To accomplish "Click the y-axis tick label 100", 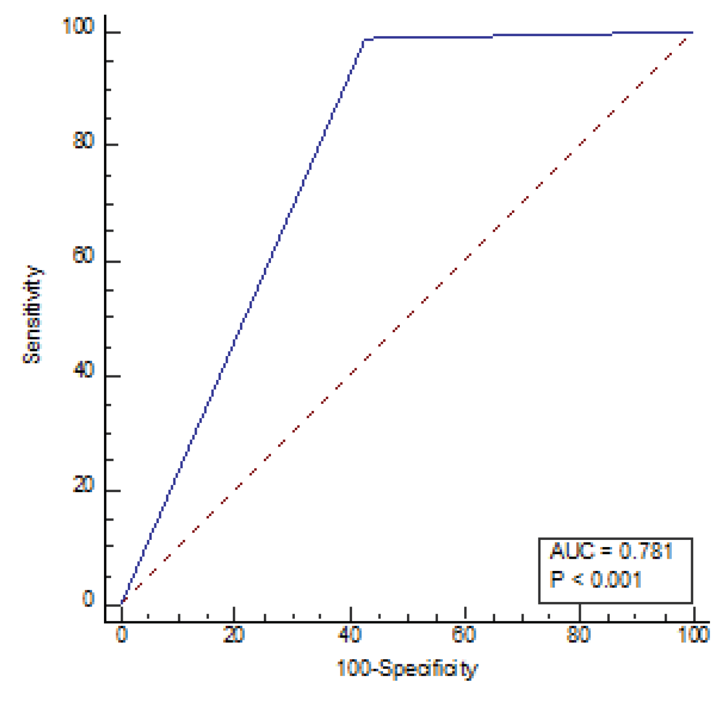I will click(78, 26).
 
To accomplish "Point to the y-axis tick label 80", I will click(84, 140).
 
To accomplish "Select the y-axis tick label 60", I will click(84, 255).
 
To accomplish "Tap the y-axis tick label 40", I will click(84, 370).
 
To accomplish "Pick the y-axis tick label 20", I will click(84, 485).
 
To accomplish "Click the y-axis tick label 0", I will click(88, 599).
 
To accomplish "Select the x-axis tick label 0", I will click(122, 635).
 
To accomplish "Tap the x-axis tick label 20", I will click(234, 635).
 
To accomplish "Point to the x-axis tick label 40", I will click(350, 635).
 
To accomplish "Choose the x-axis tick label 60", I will click(464, 635).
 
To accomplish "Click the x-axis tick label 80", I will click(579, 635).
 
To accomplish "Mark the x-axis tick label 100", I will click(694, 635).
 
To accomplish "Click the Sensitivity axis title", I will click(32, 315).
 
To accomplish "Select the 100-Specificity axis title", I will click(407, 669).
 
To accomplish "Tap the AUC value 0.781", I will click(645, 551).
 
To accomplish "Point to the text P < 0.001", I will click(596, 580).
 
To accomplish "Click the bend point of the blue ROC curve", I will click(364, 40).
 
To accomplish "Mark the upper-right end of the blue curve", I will click(692, 33).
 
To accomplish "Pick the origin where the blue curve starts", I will click(122, 603).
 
